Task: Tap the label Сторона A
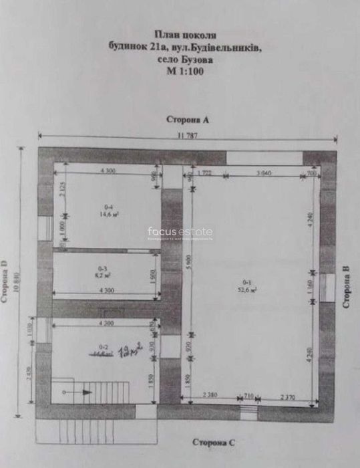(188, 120)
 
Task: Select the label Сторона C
(214, 442)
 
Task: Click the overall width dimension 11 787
(189, 136)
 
